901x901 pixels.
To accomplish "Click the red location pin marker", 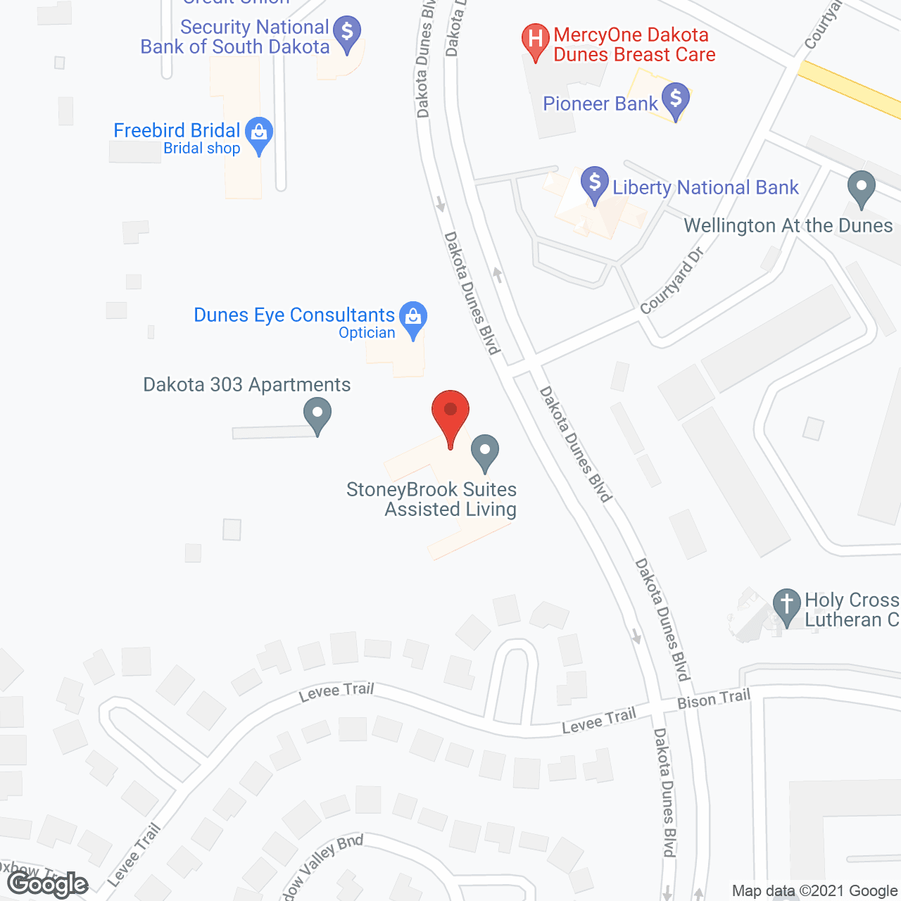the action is click(x=450, y=412).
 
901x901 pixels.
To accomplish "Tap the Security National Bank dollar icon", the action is click(x=347, y=33).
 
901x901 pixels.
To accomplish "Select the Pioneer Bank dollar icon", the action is click(x=676, y=99).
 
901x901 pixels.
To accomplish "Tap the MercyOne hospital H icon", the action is click(x=535, y=39).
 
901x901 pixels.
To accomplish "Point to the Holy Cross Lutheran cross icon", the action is click(x=787, y=605).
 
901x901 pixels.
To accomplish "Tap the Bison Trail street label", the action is click(x=714, y=699).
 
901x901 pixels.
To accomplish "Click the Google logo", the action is click(x=48, y=884).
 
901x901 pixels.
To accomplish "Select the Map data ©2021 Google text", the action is click(x=814, y=891).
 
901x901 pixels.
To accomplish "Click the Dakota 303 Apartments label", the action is click(x=246, y=385).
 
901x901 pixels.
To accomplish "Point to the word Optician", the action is click(x=367, y=333).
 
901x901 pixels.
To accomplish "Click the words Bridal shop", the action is click(x=202, y=149).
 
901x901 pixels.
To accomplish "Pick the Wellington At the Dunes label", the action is click(x=788, y=226).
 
